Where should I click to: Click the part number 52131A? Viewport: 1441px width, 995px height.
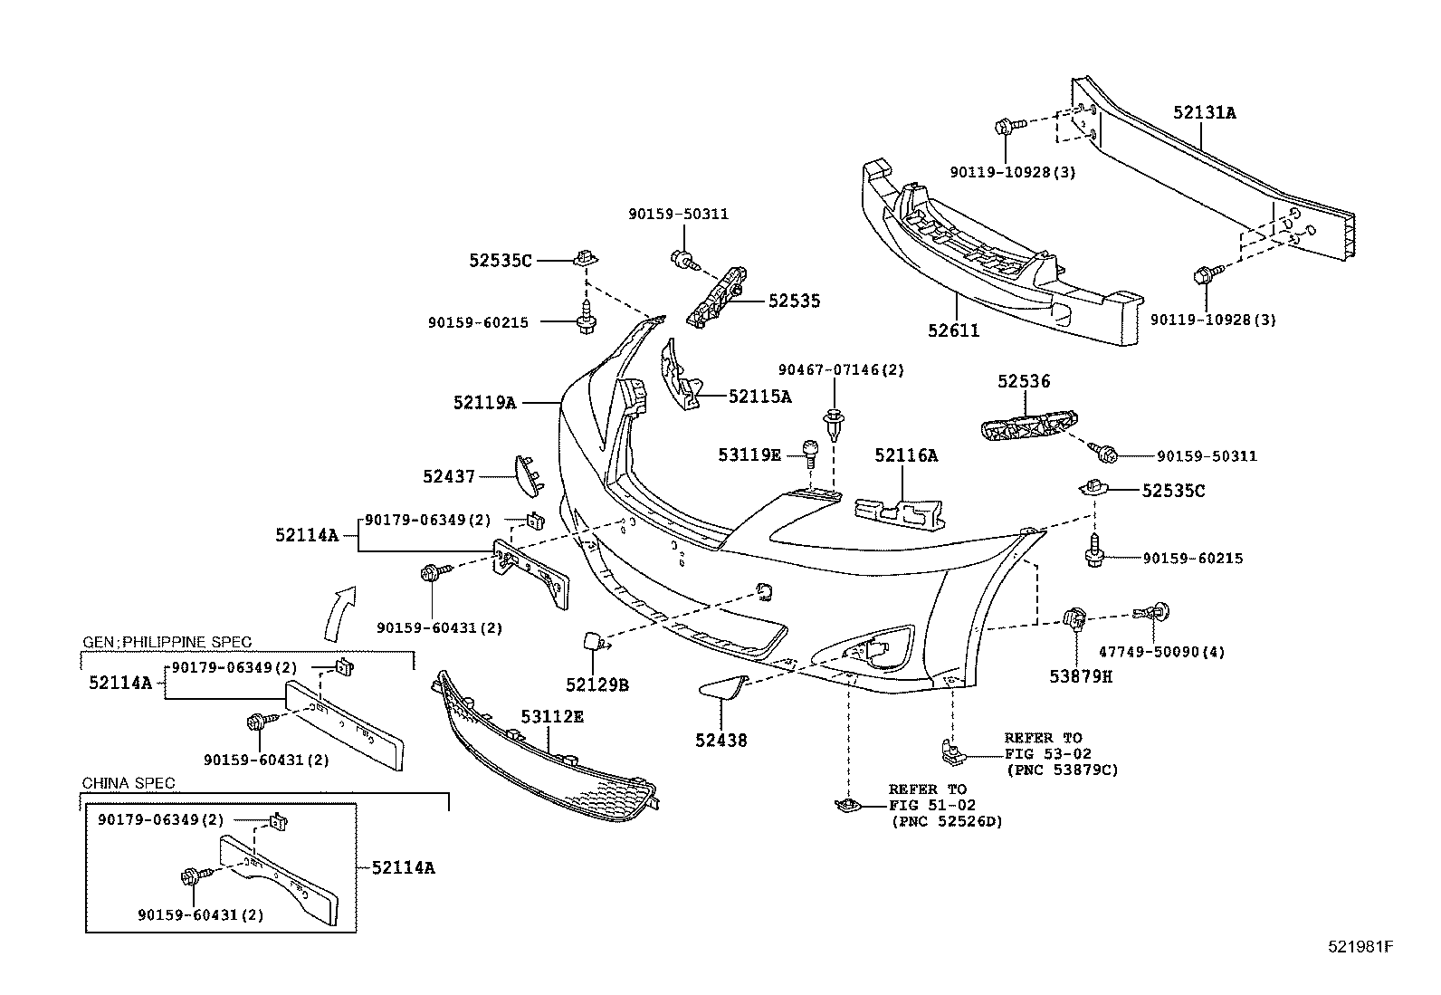pyautogui.click(x=1205, y=113)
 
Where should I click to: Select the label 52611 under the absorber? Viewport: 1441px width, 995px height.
pyautogui.click(x=953, y=331)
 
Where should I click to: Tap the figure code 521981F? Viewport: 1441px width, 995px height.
pyautogui.click(x=1360, y=948)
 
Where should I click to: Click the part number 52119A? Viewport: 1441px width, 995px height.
pyautogui.click(x=485, y=402)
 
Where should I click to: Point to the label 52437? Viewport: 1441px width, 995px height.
pyautogui.click(x=449, y=476)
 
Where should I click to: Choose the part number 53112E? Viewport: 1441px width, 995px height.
pyautogui.click(x=552, y=716)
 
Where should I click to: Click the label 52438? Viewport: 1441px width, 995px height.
pyautogui.click(x=721, y=741)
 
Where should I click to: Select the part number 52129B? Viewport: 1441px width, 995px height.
pyautogui.click(x=597, y=685)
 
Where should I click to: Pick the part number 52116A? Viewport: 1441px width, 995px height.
pyautogui.click(x=906, y=456)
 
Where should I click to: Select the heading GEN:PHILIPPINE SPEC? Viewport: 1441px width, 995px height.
pyautogui.click(x=167, y=642)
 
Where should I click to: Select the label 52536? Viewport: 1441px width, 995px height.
pyautogui.click(x=1024, y=382)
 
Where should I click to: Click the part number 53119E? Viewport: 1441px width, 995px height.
pyautogui.click(x=749, y=454)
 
